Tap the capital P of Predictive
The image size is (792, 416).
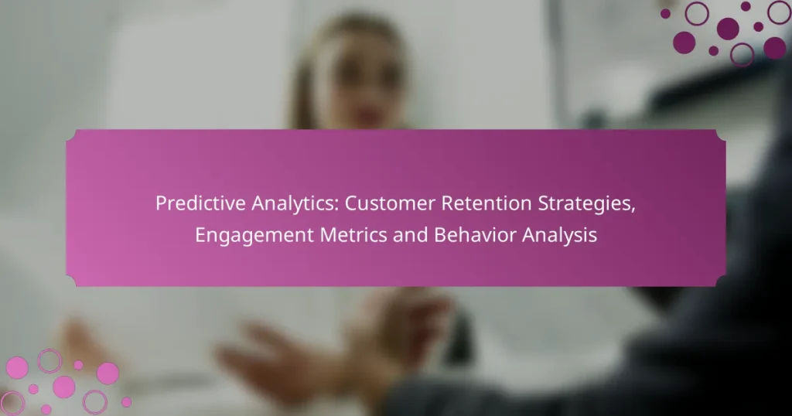point(161,204)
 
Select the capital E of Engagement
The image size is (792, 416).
point(200,235)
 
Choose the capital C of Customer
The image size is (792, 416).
point(350,204)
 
